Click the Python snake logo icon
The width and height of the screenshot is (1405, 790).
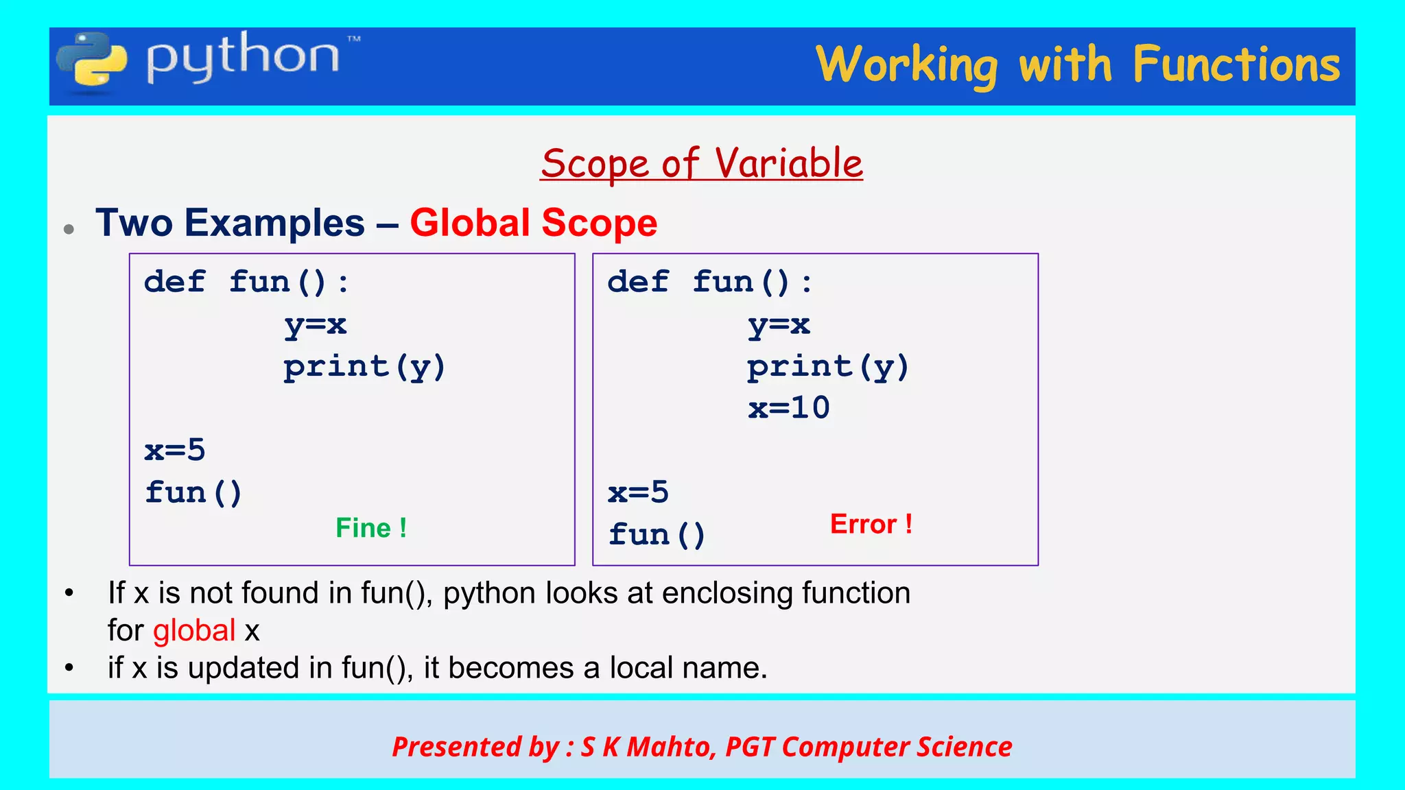[x=91, y=63]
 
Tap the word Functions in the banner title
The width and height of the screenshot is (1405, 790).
[x=1236, y=65]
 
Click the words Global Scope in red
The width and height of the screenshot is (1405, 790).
[x=533, y=223]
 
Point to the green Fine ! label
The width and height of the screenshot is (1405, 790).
[x=371, y=528]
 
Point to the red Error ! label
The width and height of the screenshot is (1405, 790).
[x=871, y=524]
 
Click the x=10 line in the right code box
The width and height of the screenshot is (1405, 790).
[x=788, y=408]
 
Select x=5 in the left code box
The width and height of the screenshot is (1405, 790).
[x=175, y=451]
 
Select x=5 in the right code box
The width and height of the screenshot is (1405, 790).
[x=638, y=492]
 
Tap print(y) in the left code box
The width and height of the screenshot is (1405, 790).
[x=364, y=367]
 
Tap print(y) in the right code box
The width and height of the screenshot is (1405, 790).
[x=827, y=367]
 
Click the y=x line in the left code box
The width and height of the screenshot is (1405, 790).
[x=316, y=324]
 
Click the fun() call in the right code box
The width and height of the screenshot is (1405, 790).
[x=657, y=534]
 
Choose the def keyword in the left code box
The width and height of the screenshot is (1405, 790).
[x=174, y=282]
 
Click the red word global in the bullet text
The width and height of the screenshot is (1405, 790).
[x=194, y=630]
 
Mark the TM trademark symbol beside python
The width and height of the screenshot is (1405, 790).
[x=354, y=39]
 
